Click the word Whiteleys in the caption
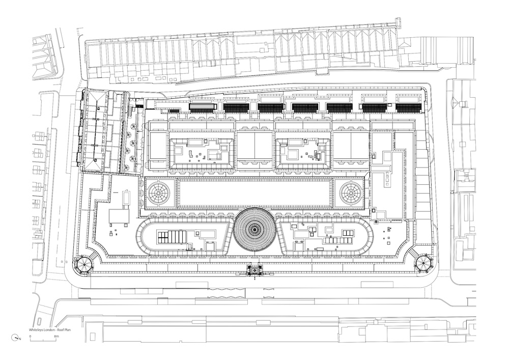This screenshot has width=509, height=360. click(x=36, y=330)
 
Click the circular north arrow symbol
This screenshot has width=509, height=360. click(x=15, y=338)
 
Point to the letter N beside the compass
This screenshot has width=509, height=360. click(x=20, y=339)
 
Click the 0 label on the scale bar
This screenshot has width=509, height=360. click(x=30, y=336)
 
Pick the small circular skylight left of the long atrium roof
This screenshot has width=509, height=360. click(x=159, y=193)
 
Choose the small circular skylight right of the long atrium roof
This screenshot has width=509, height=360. click(x=351, y=193)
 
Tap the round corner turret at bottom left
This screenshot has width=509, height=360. click(x=84, y=264)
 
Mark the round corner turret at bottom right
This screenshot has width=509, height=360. click(x=423, y=262)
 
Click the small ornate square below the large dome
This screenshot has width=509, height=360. click(x=254, y=269)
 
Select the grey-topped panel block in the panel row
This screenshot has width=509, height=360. click(x=203, y=106)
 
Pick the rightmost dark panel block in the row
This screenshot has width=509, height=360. click(x=409, y=108)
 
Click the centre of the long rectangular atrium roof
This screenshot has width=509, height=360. click(x=255, y=193)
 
